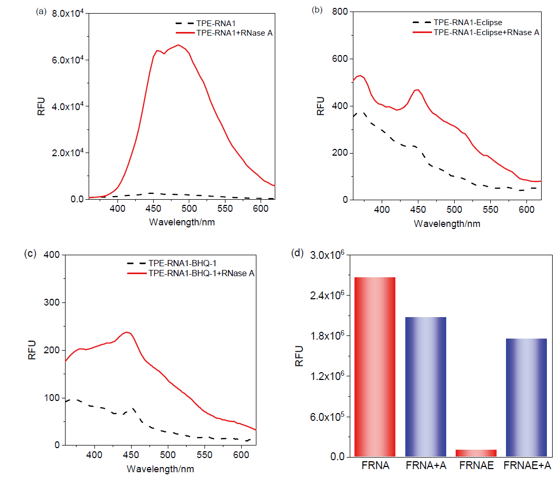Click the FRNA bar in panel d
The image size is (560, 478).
374,367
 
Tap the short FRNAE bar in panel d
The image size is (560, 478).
476,453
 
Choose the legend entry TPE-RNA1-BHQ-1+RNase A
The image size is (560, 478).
202,273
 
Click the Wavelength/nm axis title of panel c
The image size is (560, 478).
159,467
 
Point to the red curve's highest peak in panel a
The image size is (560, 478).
178,45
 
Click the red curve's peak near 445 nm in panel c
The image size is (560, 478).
126,332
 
